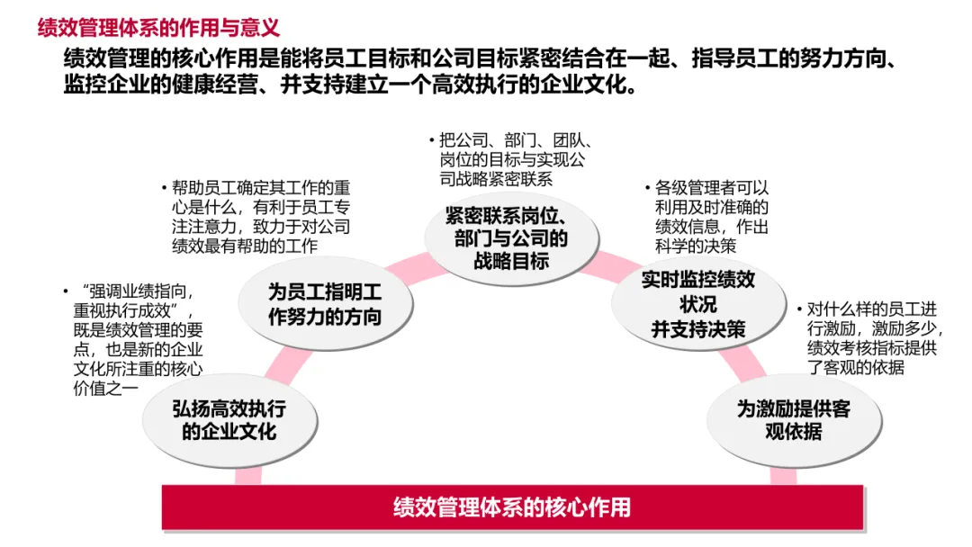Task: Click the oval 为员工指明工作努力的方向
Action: [x=325, y=304]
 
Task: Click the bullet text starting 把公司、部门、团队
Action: [x=513, y=159]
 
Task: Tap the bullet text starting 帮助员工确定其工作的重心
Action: [x=261, y=217]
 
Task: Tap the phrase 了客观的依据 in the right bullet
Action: [x=855, y=368]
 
